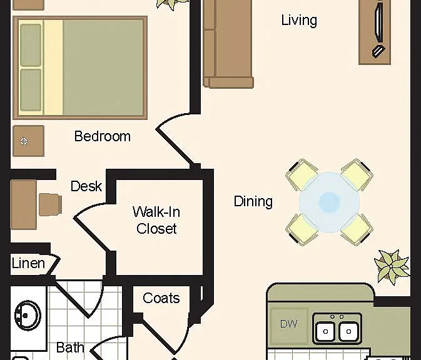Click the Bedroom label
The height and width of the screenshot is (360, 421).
point(103,136)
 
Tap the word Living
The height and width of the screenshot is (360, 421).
point(299,21)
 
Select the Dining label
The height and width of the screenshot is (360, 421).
point(253,201)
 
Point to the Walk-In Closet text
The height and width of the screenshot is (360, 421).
point(156,220)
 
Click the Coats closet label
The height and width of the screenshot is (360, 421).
point(161,298)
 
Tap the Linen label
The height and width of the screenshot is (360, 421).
point(28,263)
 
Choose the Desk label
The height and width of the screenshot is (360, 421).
point(86,186)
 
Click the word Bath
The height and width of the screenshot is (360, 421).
point(70,347)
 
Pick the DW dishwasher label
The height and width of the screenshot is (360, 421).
point(288,324)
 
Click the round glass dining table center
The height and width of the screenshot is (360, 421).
point(329,202)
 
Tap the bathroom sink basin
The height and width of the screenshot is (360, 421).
point(28,316)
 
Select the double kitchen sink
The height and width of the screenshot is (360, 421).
point(337,329)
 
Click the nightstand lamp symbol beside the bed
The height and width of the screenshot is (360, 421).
point(24,141)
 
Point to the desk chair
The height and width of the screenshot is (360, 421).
point(51,204)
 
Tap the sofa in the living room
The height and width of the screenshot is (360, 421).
point(228,44)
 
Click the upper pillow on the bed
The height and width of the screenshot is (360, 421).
point(31,45)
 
